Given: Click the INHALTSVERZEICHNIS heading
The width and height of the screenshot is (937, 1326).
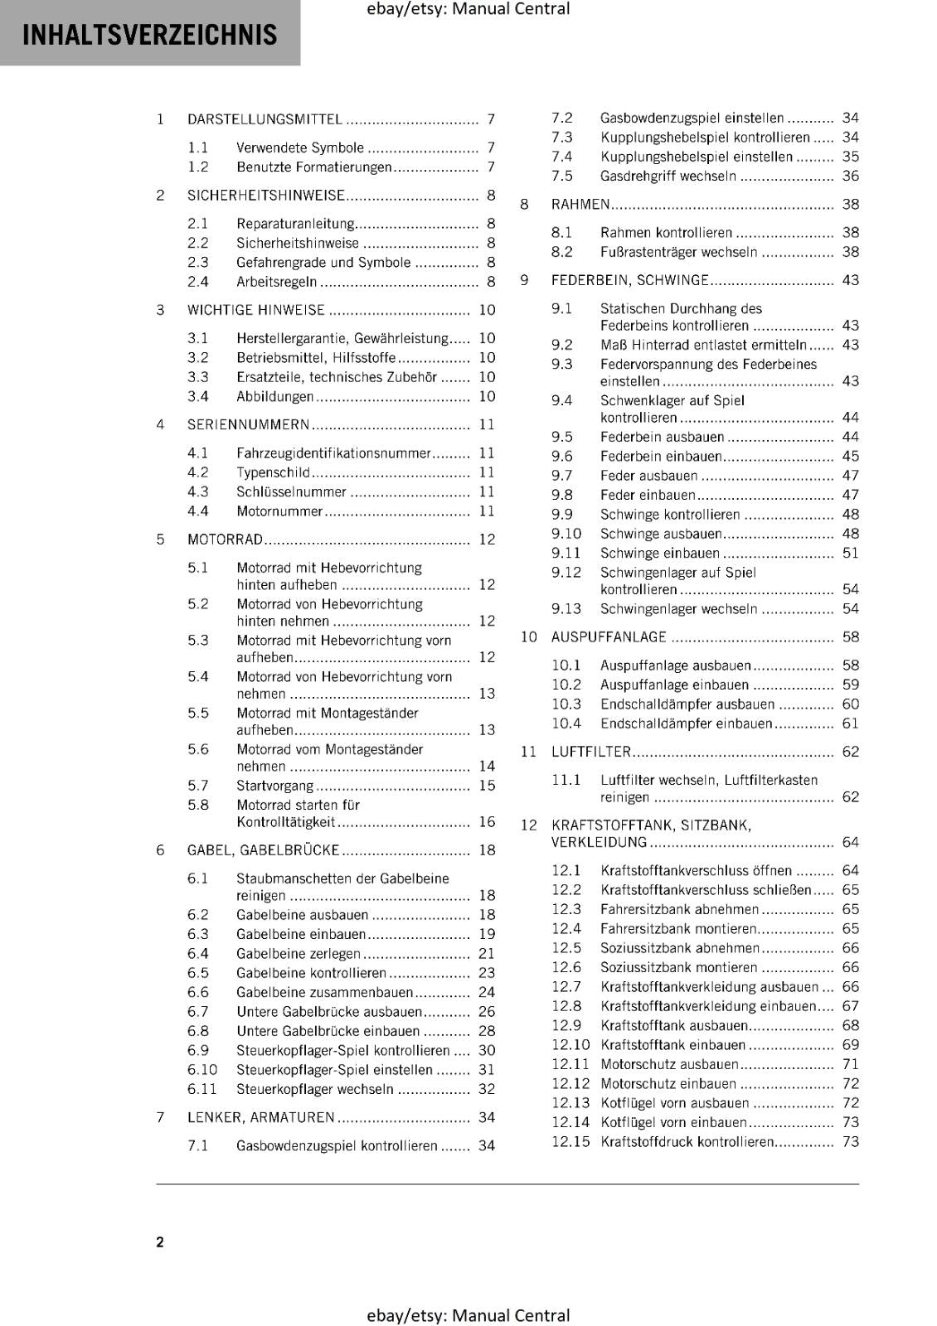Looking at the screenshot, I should pos(150,35).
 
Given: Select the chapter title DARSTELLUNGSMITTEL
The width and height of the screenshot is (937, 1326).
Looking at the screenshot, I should pos(265,119).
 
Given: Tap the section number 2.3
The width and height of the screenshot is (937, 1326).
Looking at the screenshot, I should pos(197,263).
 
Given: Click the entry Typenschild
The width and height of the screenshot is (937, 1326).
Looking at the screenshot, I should pos(273,472).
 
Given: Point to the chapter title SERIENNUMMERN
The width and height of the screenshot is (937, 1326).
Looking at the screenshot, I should pos(248,425).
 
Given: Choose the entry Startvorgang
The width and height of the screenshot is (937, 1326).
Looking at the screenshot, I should pos(274,786).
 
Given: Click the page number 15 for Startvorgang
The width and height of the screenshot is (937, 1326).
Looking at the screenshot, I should pos(487,786).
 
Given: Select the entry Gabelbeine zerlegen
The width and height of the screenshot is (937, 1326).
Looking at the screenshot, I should pos(299,954).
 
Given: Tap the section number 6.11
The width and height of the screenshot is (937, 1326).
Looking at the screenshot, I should pos(201,1089).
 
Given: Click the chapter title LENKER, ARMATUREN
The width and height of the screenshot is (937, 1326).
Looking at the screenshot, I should pos(261,1118).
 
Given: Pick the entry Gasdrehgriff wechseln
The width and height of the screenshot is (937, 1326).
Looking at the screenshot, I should pos(668,177).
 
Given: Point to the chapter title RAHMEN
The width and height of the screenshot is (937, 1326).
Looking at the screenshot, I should pos(580,205).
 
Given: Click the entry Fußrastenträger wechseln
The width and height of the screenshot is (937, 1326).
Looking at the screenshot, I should pos(678,252).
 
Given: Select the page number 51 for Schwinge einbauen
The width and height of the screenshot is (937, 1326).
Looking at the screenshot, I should pos(851,554).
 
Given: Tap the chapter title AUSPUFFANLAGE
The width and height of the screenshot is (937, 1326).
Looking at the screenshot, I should pos(609,637).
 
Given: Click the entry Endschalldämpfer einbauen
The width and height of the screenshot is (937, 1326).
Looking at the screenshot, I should pos(686,723).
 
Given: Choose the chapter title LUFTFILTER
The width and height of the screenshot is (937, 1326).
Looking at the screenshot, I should pos(591,753).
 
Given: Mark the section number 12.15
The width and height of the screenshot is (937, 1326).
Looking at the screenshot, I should pos(570,1142).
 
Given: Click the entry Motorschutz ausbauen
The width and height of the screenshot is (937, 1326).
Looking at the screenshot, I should pos(669,1064).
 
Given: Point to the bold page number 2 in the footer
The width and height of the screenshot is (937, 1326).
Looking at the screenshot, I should pos(160,1241).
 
